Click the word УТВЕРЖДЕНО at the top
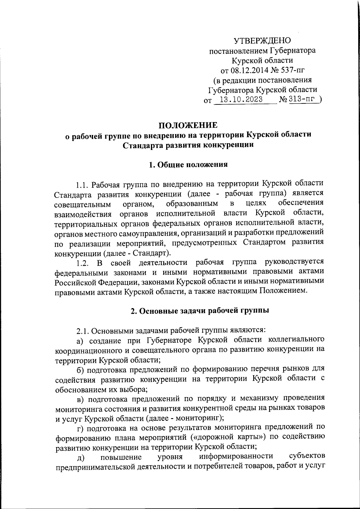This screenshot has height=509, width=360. tap(262, 40)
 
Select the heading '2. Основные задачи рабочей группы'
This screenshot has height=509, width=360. tap(199, 310)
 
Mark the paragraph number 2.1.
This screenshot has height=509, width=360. tap(82, 331)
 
